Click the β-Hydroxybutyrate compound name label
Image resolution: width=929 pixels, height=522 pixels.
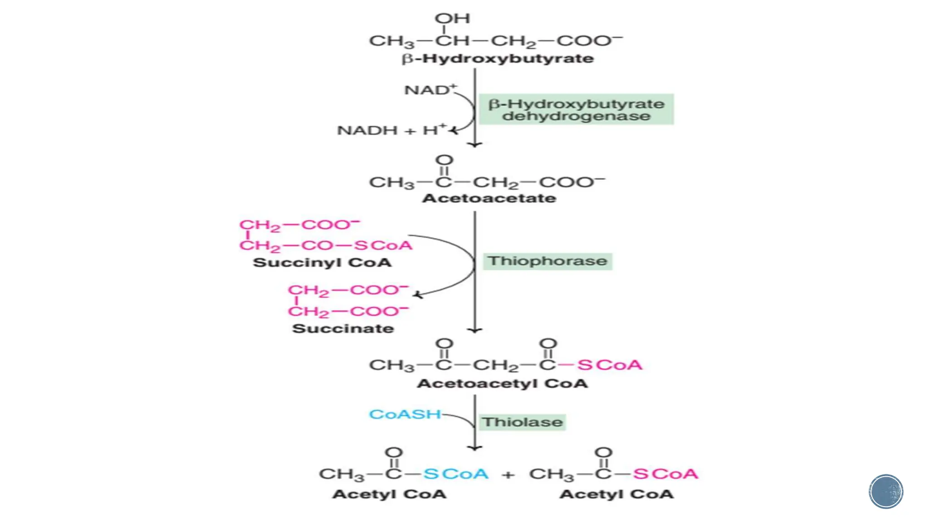point(498,59)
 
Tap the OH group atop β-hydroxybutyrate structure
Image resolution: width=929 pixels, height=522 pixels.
point(452,19)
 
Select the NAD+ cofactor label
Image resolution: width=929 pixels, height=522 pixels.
point(430,90)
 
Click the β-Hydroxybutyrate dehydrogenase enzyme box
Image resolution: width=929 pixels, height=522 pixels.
point(576,110)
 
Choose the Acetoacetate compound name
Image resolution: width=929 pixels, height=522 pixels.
point(489,198)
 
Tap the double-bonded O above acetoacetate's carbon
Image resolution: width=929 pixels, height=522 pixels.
point(444,160)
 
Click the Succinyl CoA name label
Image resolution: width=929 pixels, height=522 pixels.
point(322,263)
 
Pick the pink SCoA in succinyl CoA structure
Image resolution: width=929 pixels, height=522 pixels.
point(383,246)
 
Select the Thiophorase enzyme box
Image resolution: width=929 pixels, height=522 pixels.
point(547,261)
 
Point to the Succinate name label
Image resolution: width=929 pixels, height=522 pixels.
point(343,329)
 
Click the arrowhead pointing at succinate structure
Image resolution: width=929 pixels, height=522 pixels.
point(418,295)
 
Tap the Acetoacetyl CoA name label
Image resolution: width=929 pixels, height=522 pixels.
point(502,384)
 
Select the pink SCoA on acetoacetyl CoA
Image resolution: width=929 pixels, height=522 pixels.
point(610,365)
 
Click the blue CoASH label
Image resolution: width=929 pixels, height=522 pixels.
point(405,414)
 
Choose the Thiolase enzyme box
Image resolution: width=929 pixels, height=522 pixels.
point(522,422)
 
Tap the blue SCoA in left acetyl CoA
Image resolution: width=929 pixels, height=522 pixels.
point(456,474)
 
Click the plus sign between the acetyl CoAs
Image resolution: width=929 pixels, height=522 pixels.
point(509,475)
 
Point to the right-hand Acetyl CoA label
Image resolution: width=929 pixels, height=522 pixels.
point(616,494)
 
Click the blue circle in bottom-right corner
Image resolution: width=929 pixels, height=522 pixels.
point(886,492)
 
